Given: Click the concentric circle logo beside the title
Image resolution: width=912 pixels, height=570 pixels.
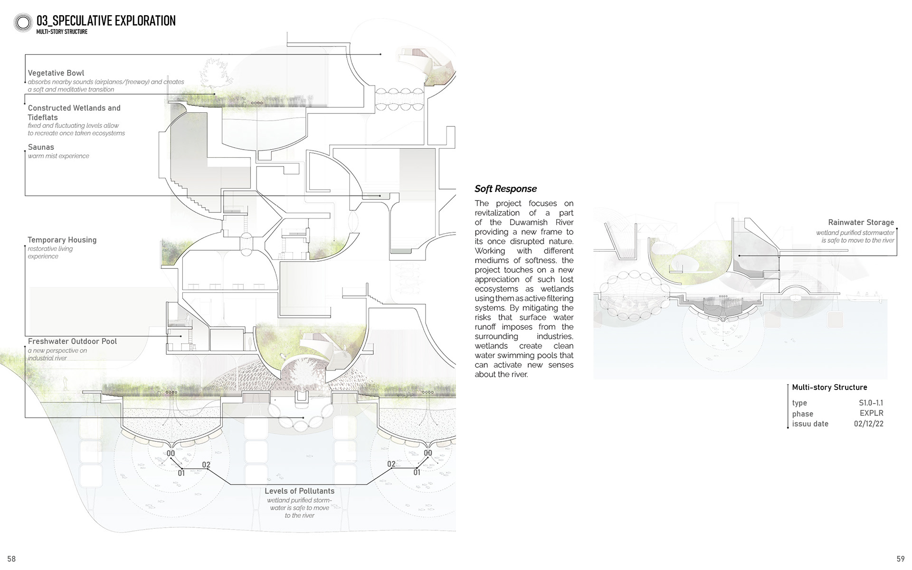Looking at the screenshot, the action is [x=23, y=23].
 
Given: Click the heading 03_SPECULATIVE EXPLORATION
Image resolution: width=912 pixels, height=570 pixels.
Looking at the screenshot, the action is [x=106, y=21].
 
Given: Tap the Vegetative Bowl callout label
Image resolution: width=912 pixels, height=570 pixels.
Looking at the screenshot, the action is [x=56, y=73].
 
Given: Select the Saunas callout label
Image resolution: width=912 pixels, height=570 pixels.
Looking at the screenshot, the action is [x=41, y=147].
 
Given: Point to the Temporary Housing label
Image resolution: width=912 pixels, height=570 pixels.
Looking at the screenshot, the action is [x=62, y=240].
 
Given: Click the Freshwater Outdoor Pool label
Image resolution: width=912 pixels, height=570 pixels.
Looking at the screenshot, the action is [x=72, y=341].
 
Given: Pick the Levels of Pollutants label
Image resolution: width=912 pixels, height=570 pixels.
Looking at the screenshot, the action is [x=299, y=491].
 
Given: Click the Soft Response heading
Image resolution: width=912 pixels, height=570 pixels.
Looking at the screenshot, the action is [x=505, y=189].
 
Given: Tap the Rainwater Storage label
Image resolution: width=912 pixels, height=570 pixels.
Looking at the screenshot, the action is [x=861, y=222].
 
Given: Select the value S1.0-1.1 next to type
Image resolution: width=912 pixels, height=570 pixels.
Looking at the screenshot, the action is [x=871, y=403].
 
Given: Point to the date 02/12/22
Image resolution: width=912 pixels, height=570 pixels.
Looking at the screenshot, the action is [x=868, y=424].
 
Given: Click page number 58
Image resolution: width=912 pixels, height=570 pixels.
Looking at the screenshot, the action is [x=11, y=559].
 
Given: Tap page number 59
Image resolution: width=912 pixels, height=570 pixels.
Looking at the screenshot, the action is [x=901, y=559].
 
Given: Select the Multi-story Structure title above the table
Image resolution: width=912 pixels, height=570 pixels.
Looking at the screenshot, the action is [x=829, y=387].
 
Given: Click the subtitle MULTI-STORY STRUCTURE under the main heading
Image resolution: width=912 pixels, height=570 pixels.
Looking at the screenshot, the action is [x=62, y=32].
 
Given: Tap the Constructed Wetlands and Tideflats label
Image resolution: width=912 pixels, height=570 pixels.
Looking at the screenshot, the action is [x=74, y=113].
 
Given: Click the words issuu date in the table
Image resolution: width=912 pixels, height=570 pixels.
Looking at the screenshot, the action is [x=810, y=424].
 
